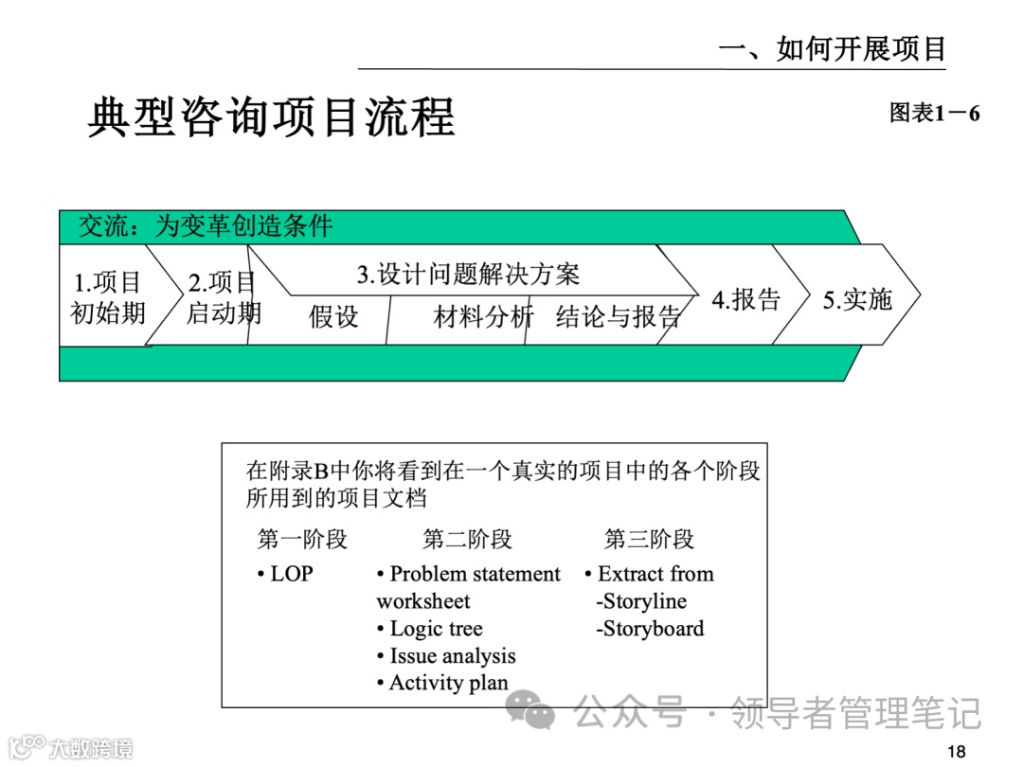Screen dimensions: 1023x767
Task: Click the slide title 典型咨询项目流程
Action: [x=271, y=117]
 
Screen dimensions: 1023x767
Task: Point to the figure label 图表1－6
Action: [x=934, y=114]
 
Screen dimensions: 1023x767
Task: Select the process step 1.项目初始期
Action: [x=108, y=297]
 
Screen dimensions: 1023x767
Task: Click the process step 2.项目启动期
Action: [x=223, y=297]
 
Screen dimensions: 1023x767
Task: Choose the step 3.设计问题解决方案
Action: [x=468, y=275]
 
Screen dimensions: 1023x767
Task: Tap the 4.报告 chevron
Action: [x=746, y=299]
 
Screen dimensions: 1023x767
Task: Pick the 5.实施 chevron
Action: [x=857, y=299]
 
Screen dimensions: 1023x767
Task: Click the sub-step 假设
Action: [x=334, y=317]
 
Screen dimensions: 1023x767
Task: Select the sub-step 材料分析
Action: [x=483, y=317]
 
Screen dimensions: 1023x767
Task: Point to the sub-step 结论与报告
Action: [x=618, y=317]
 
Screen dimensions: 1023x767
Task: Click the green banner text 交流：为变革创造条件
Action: [x=206, y=226]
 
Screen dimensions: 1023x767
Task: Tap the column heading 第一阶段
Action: [x=302, y=540]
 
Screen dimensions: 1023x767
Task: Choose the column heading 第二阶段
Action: [x=467, y=540]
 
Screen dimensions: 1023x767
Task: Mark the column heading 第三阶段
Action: [x=649, y=540]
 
